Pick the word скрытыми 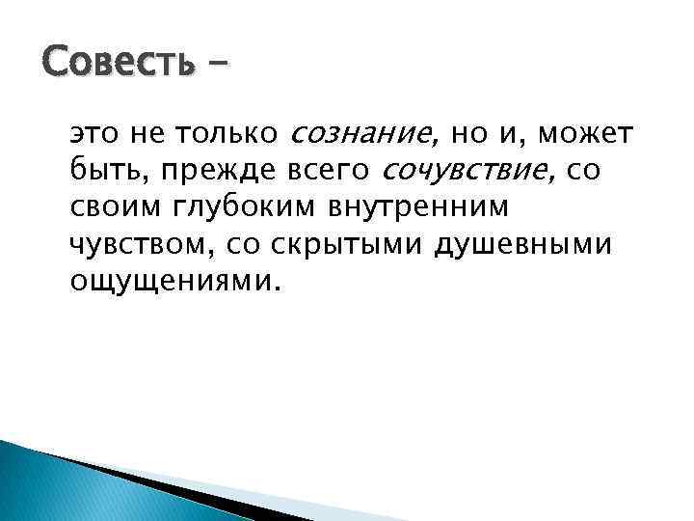[x=352, y=246]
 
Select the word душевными [x=523, y=246]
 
